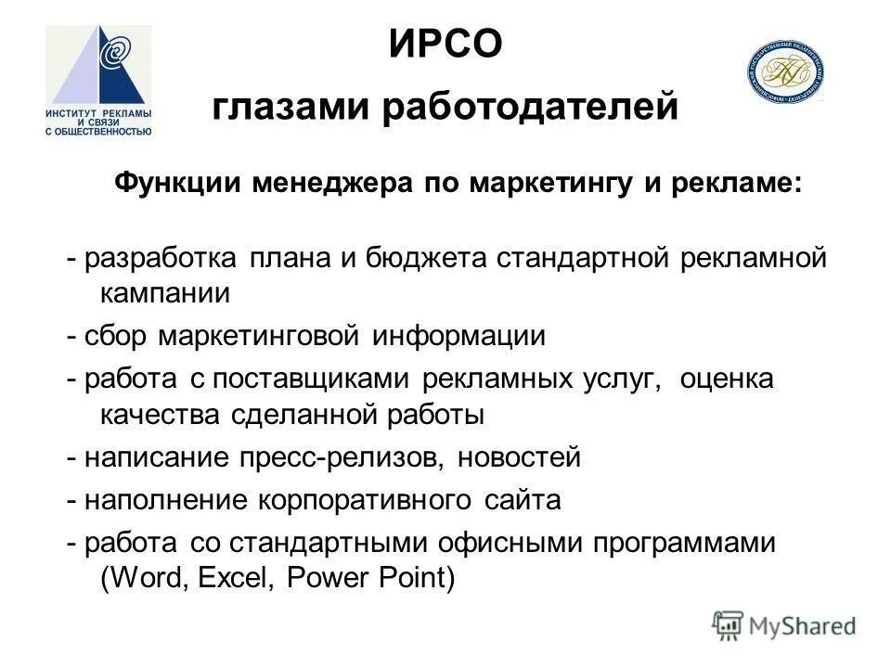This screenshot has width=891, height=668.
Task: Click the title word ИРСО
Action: [x=445, y=44]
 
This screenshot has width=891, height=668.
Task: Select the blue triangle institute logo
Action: [x=98, y=80]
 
